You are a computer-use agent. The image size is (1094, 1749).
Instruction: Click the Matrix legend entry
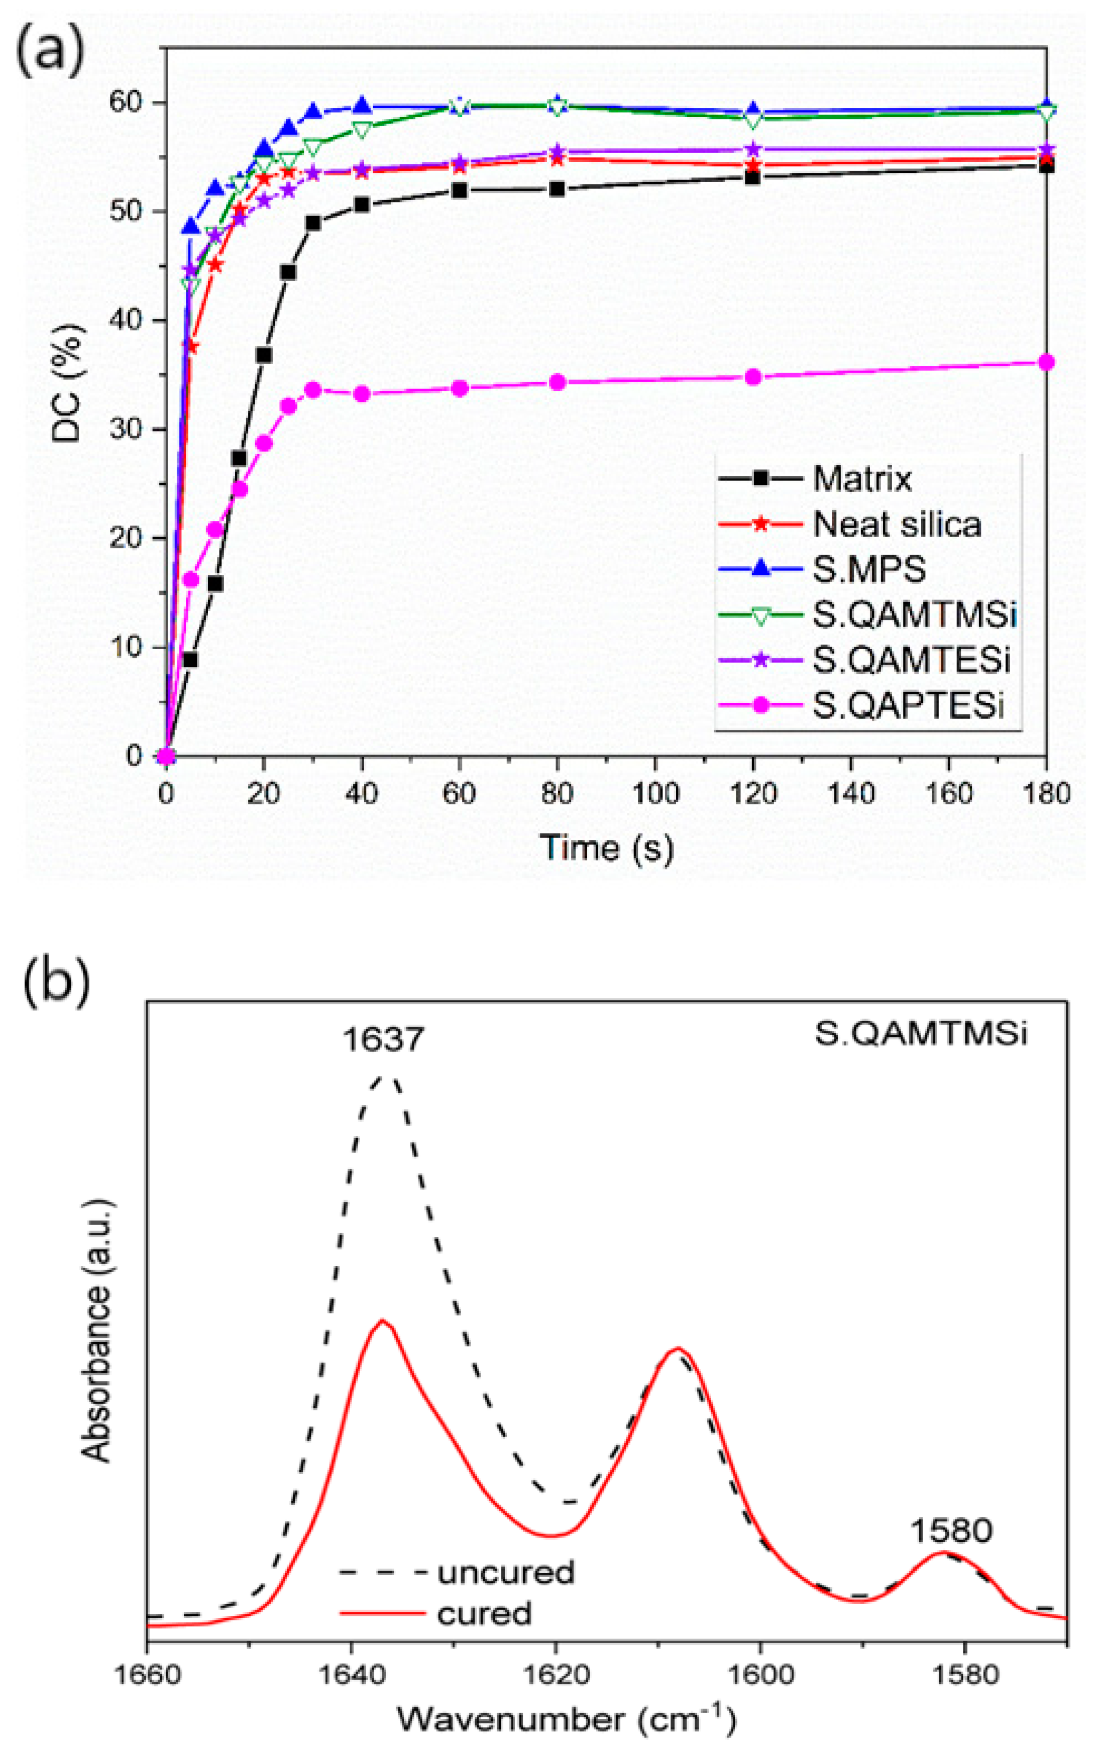point(861,479)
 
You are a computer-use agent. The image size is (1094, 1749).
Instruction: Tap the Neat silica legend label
point(897,524)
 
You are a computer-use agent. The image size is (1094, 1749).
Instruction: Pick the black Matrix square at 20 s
point(264,355)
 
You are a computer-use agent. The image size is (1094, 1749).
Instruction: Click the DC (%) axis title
point(69,383)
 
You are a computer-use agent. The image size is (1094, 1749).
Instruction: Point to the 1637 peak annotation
point(383,1039)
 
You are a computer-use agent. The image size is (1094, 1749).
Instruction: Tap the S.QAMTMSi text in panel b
point(920,1034)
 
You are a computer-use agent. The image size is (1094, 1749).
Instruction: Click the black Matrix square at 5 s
point(190,660)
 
